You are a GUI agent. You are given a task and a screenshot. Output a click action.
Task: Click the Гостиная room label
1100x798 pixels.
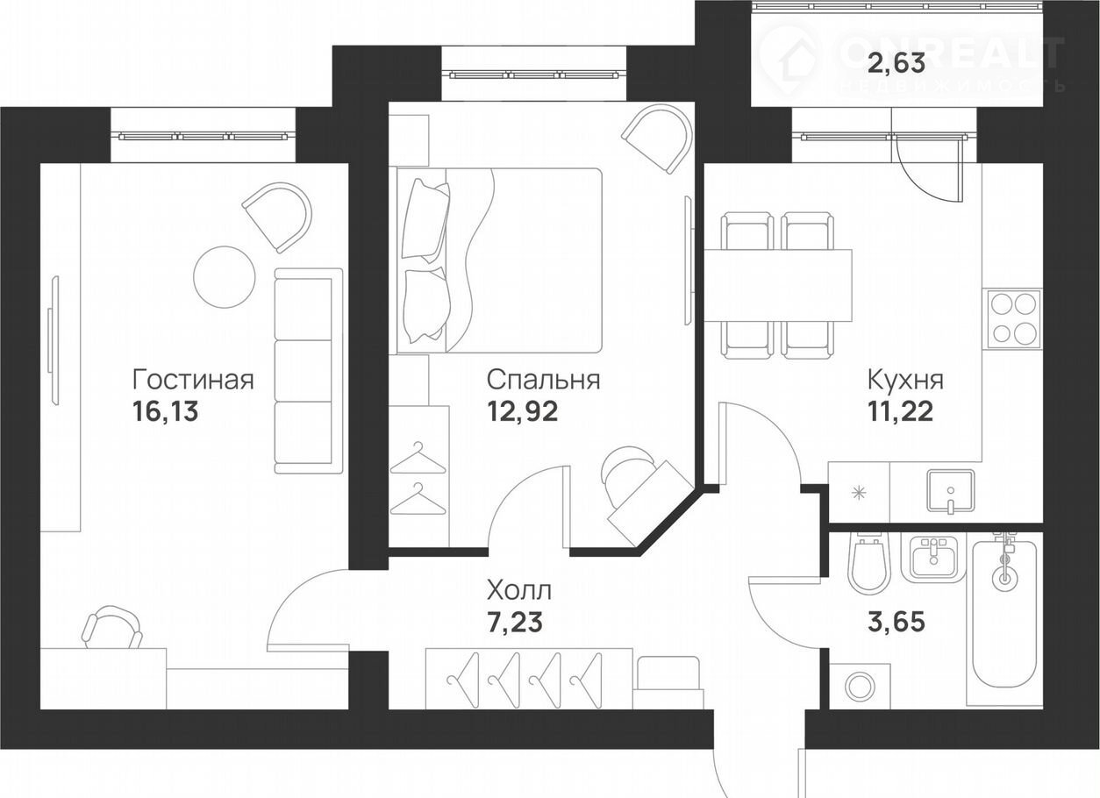point(194,380)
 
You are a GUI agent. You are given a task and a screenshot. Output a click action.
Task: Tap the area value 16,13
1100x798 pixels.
point(166,412)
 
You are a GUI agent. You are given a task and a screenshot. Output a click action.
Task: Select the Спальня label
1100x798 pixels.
point(544,380)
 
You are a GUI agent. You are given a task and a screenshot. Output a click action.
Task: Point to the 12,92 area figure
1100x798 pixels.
point(523,412)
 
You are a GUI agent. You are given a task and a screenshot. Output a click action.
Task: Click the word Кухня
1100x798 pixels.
point(905,380)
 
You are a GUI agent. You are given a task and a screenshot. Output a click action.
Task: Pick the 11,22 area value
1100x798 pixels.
point(901,412)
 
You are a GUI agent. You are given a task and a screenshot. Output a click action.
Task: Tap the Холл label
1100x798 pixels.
point(519,591)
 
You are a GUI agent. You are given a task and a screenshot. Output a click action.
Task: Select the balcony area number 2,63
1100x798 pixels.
point(896,64)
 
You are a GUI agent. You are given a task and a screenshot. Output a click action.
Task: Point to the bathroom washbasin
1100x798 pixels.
point(934,558)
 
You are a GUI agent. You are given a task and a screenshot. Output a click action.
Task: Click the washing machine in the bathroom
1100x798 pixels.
point(860,686)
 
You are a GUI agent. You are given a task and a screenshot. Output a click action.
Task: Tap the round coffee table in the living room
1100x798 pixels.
point(225,277)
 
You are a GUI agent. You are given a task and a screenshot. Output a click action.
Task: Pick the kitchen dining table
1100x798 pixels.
point(778,285)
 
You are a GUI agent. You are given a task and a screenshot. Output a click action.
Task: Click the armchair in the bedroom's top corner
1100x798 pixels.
point(657,139)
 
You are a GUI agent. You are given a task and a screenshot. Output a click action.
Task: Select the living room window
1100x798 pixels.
point(203,135)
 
